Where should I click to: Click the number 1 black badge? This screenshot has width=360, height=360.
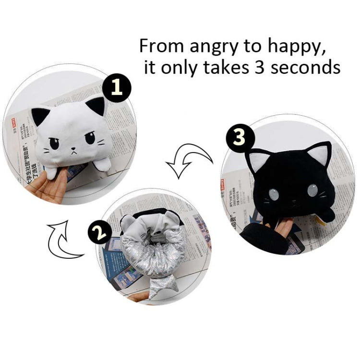[x=115, y=87]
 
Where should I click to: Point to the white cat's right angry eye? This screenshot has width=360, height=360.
[x=90, y=140]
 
